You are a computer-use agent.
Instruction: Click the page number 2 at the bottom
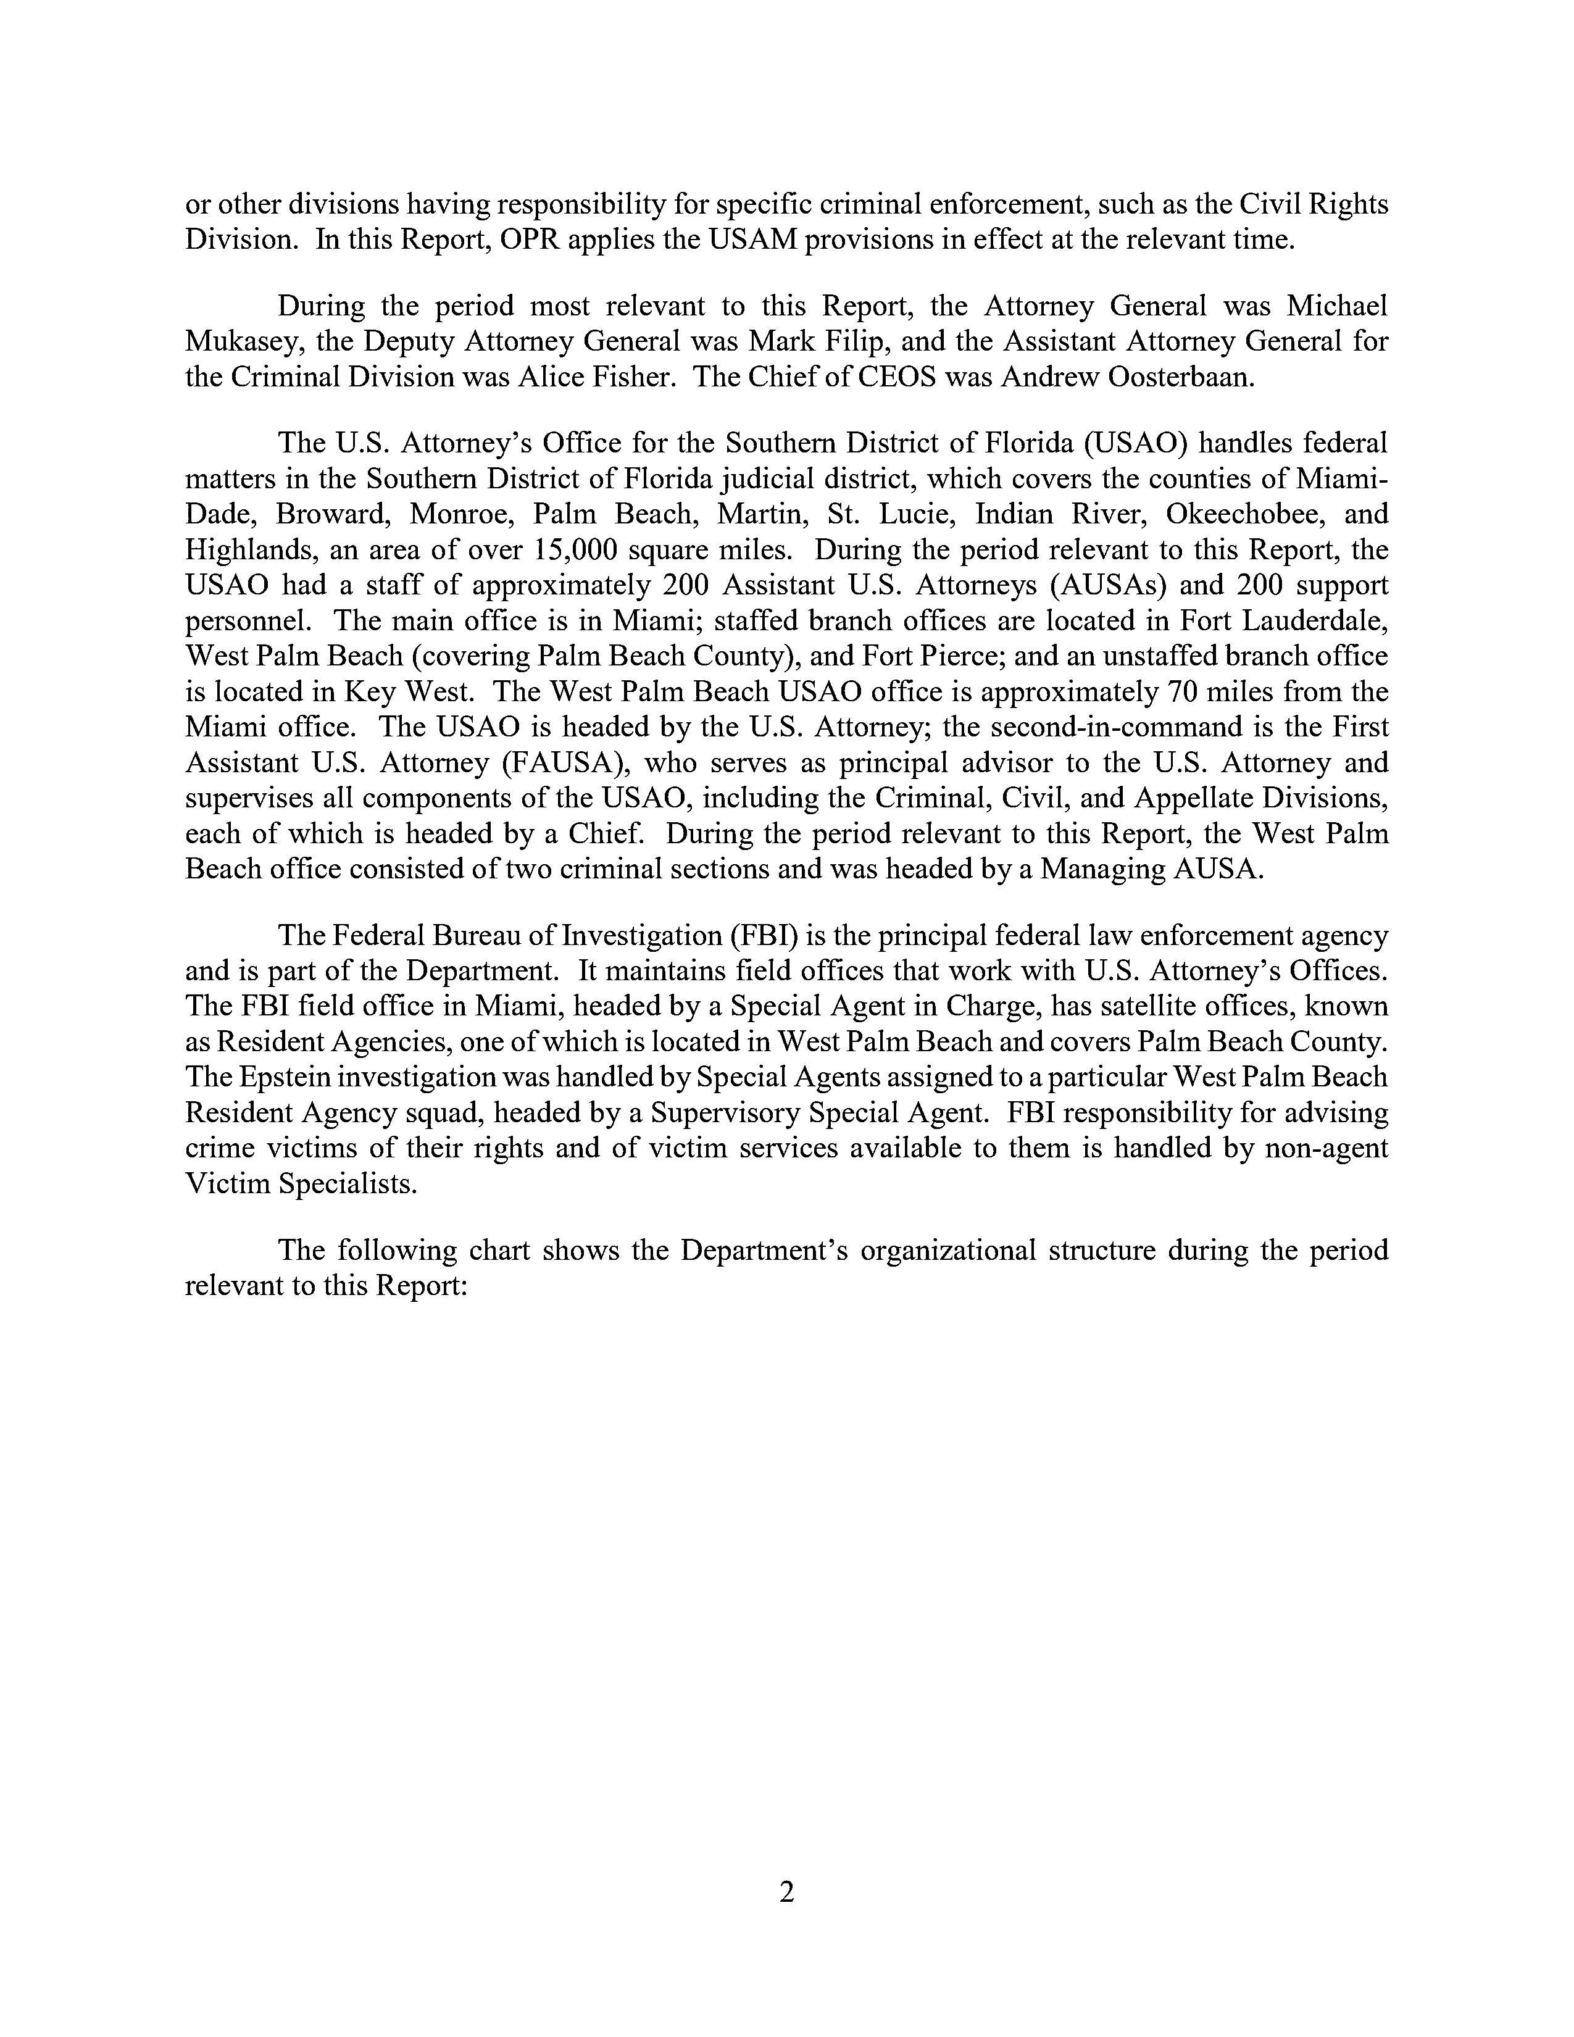pos(786,1893)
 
